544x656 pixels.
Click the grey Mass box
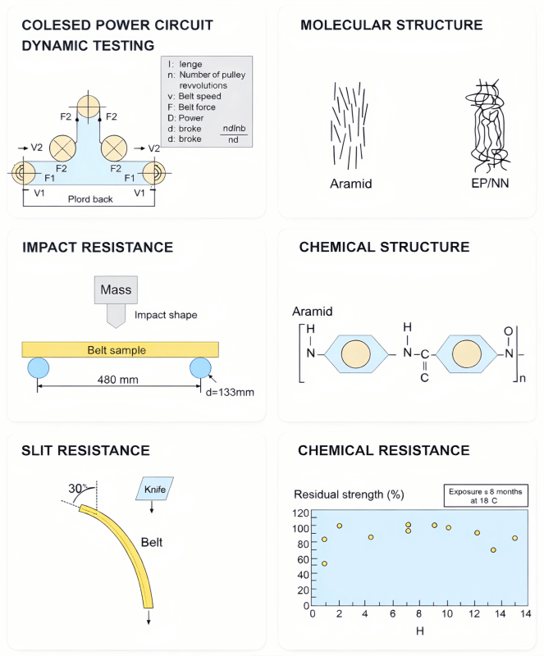point(116,290)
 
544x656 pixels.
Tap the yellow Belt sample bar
point(120,350)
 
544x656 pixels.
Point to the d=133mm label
point(228,392)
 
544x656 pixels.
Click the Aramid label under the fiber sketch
point(350,183)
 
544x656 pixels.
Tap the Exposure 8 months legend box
point(484,496)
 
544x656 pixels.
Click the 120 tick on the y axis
point(299,512)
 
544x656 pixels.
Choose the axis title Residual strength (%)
point(349,494)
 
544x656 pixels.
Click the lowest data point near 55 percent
point(324,563)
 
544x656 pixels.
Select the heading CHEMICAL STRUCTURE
point(384,247)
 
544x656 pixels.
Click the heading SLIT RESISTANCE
point(85,450)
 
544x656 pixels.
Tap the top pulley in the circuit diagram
point(88,107)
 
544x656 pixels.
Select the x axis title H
point(418,631)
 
